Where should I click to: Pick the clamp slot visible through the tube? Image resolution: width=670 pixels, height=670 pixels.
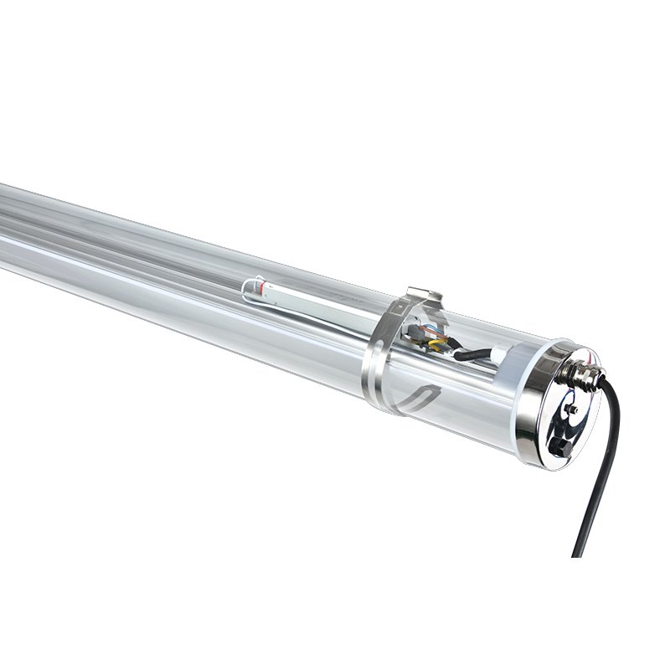[419, 397]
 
